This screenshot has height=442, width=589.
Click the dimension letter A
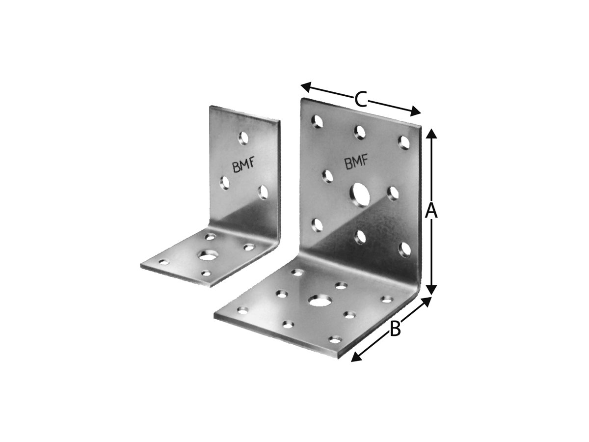pos(431,211)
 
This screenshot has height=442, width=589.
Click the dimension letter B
pos(395,329)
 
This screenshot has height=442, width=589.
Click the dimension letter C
pos(361,100)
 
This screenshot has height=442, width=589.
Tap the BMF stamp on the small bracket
pos(243,166)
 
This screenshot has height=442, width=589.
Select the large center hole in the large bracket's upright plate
pos(361,194)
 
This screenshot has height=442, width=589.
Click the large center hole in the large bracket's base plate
pos(320,300)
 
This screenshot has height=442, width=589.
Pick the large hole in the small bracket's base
pos(208,255)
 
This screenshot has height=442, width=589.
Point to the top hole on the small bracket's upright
pos(243,138)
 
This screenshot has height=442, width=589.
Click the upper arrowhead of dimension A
pos(431,134)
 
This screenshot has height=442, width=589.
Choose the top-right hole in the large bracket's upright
pos(404,142)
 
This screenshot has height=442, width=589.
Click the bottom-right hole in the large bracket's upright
pos(404,249)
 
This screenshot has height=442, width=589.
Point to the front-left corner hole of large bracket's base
pos(242,310)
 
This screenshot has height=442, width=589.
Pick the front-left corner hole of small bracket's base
pos(163,263)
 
